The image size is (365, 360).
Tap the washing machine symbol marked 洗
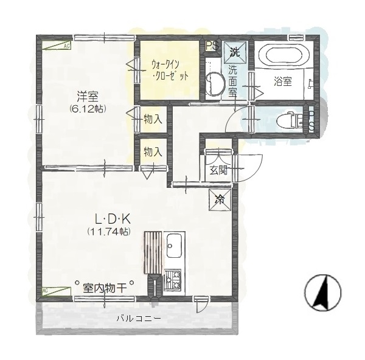pos(235,52)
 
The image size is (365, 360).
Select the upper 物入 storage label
pos(152,120)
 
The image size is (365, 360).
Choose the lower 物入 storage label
pos(152,151)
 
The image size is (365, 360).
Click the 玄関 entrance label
pos(218,170)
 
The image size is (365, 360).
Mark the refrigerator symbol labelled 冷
pos(220,199)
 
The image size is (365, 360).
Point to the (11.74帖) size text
pos(108,232)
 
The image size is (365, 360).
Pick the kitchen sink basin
pos(175,246)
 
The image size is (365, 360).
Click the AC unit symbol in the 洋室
pos(57,45)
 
